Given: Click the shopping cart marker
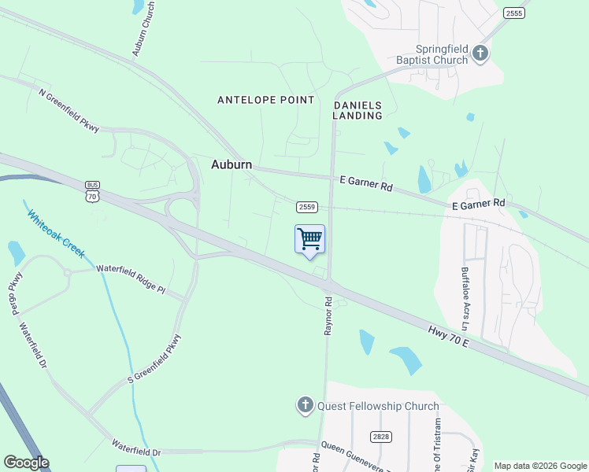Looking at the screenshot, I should click(x=310, y=238).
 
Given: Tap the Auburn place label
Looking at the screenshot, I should click(x=232, y=164).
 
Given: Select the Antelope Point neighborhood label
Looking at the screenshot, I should click(x=266, y=100).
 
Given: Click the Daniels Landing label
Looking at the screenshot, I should click(x=358, y=110).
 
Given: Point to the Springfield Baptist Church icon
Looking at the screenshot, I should click(x=480, y=54).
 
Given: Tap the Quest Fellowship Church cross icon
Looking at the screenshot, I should click(x=305, y=406).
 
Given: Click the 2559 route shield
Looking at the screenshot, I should click(x=307, y=207).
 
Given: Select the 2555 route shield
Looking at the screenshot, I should click(x=514, y=13).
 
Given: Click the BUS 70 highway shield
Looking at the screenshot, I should click(x=93, y=192).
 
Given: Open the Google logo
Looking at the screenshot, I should click(x=26, y=463).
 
